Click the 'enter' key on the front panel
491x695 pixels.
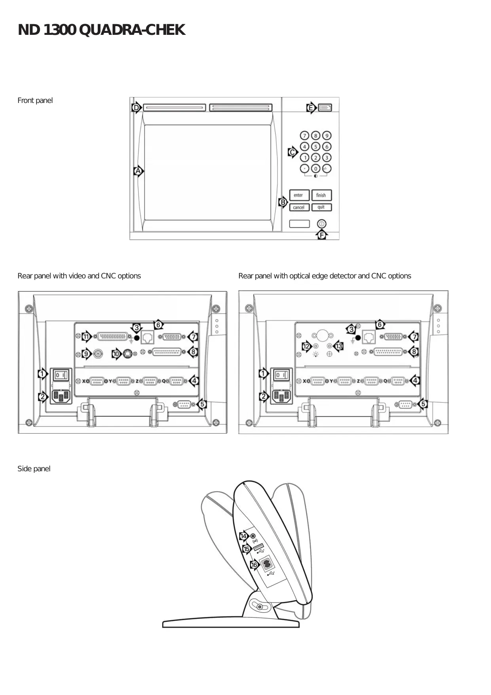click(x=299, y=195)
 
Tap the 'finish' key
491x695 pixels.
click(x=321, y=195)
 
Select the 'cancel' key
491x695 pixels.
click(x=299, y=208)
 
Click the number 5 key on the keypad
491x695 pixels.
click(x=315, y=147)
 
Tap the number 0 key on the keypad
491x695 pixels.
click(x=315, y=169)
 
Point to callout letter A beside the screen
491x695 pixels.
click(x=138, y=171)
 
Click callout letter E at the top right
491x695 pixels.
click(x=311, y=108)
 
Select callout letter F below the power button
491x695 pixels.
click(x=322, y=235)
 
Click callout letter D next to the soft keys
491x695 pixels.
click(x=136, y=108)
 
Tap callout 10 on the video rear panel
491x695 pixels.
click(x=116, y=354)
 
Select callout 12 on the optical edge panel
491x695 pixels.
click(x=306, y=347)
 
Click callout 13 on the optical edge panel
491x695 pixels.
click(x=339, y=347)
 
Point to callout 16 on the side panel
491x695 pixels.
click(x=254, y=565)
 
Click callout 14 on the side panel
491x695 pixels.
click(x=243, y=537)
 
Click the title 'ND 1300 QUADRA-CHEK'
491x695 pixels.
click(x=101, y=30)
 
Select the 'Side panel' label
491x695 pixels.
click(x=34, y=469)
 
